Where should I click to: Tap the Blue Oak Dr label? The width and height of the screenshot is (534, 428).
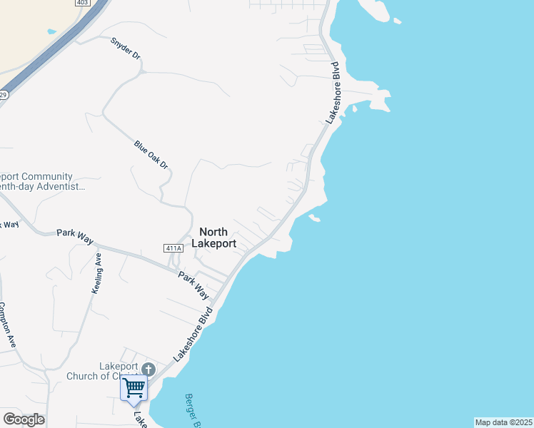click(x=151, y=154)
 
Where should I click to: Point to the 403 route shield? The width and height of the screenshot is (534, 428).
click(x=84, y=3)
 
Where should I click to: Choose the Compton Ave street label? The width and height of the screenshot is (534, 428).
click(x=11, y=325)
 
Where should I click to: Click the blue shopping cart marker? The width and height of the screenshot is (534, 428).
click(x=134, y=389)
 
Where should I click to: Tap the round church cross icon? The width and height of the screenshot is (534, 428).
click(x=148, y=369)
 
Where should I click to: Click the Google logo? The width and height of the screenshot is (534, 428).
click(x=24, y=419)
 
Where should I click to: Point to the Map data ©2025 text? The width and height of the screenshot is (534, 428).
click(x=503, y=422)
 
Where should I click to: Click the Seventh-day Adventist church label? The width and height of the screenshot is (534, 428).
click(x=39, y=181)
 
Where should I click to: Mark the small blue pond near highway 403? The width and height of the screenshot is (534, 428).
click(x=51, y=31)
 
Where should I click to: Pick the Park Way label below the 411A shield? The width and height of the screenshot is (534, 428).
click(x=193, y=285)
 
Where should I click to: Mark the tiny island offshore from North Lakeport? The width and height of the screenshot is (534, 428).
click(x=314, y=218)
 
